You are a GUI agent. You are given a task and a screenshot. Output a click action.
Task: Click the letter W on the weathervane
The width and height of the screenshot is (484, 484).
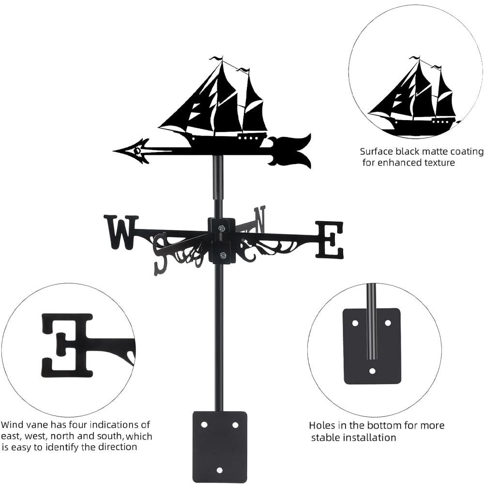point(120,232)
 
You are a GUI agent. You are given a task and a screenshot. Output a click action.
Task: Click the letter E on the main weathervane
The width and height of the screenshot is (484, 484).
point(329,239)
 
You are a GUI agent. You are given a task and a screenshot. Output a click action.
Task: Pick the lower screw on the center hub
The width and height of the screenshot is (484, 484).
point(222,255)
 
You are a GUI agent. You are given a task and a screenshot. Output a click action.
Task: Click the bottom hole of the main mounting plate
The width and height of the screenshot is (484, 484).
point(220,470)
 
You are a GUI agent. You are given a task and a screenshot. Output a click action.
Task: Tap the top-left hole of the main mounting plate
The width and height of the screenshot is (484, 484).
point(204,424)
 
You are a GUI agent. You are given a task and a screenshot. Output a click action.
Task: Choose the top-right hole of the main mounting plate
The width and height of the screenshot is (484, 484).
point(235,424)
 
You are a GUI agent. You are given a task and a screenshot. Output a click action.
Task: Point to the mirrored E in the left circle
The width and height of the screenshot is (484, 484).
point(68,345)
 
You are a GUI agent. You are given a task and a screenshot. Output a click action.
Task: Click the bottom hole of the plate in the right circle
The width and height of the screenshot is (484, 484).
point(372,371)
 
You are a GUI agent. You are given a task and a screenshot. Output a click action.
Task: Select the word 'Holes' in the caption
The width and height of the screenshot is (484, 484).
point(321,426)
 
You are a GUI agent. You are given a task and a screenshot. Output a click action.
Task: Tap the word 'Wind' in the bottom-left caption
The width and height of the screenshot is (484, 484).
point(12,425)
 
